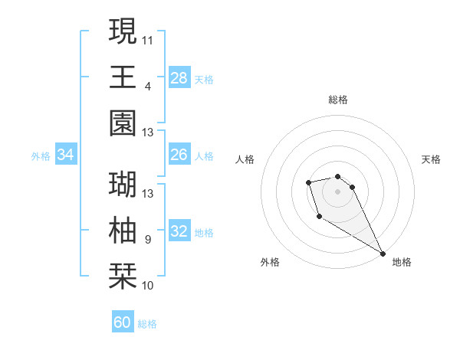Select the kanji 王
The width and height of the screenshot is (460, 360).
click(123, 77)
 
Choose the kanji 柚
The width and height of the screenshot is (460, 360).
click(123, 231)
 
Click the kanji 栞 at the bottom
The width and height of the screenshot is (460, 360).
click(123, 277)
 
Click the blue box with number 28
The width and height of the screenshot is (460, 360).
click(179, 77)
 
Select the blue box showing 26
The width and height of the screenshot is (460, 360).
click(179, 155)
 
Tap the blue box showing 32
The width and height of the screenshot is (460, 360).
click(179, 231)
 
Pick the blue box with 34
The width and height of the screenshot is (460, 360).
click(66, 155)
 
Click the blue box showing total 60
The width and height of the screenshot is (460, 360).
click(123, 322)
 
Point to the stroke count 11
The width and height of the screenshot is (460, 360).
click(148, 38)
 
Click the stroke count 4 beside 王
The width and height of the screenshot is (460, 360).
click(148, 86)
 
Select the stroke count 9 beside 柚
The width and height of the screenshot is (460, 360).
click(148, 240)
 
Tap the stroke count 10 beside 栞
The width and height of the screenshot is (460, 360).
click(148, 286)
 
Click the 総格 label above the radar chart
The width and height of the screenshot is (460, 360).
click(338, 100)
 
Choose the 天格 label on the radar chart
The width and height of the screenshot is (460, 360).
click(431, 159)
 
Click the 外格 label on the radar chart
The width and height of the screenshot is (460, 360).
click(270, 262)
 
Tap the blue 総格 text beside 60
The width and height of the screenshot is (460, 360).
click(147, 324)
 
